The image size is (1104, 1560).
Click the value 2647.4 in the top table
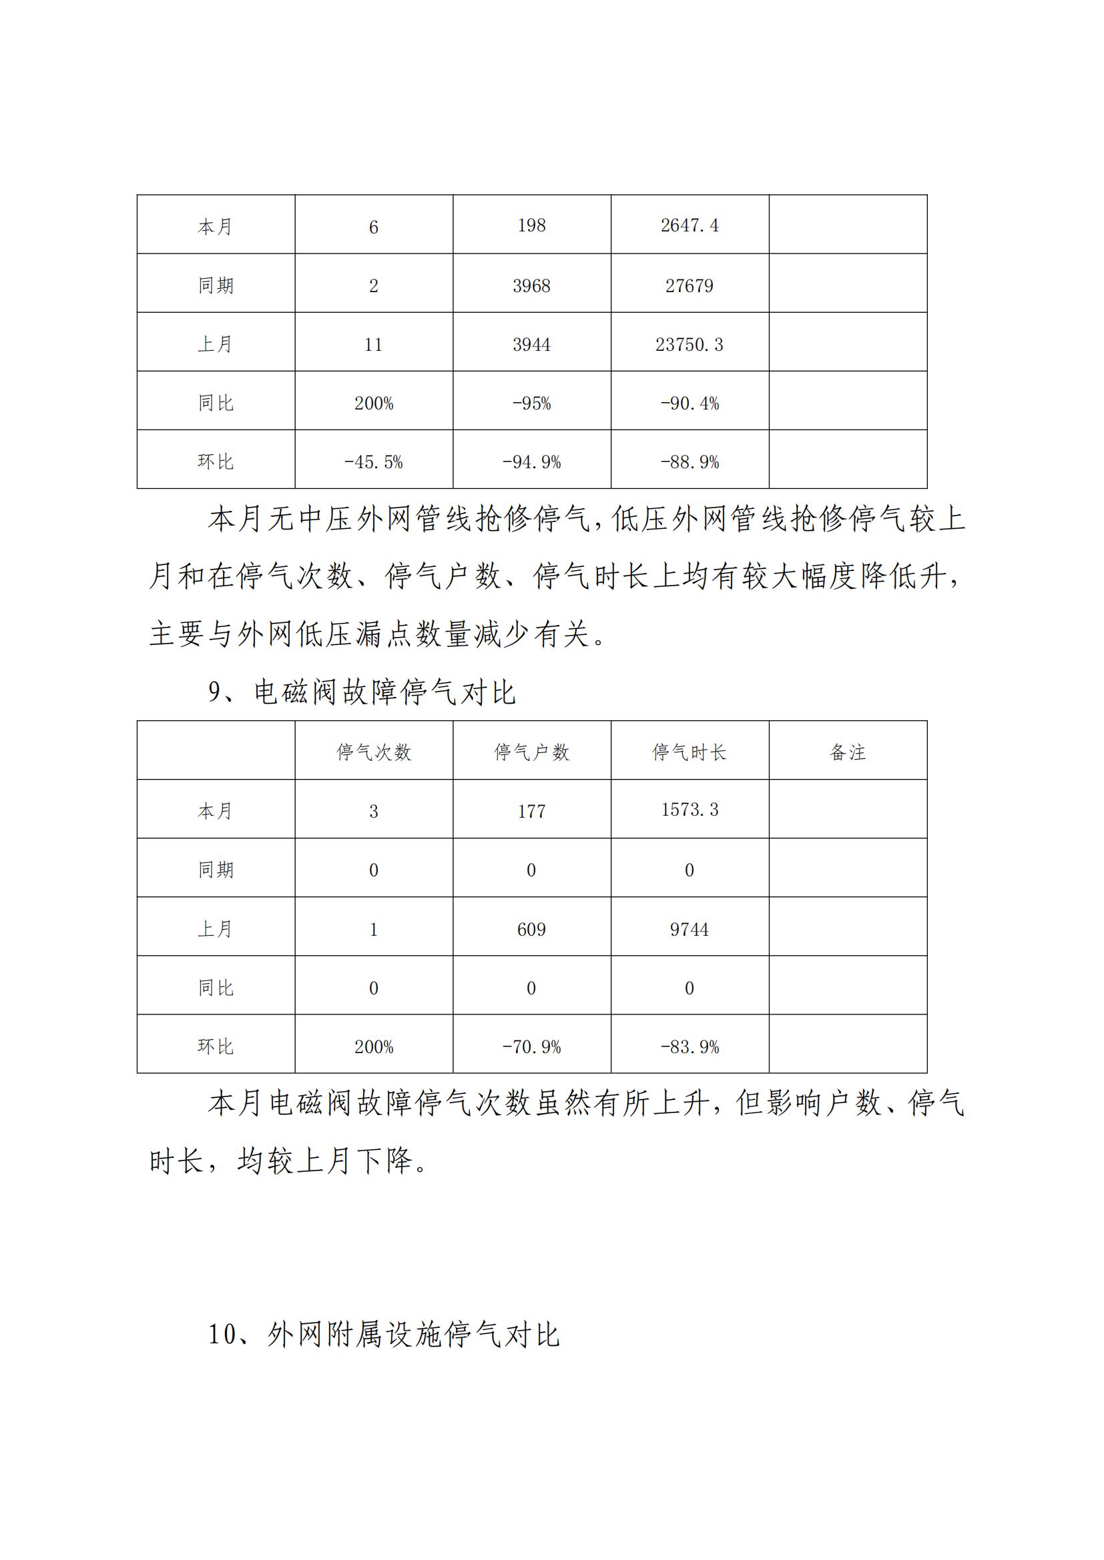(689, 225)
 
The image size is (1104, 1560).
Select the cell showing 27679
(689, 285)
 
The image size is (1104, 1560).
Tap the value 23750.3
(689, 344)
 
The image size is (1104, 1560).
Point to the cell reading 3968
(531, 285)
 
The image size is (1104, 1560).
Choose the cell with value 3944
(531, 344)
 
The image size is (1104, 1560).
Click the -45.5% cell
(373, 462)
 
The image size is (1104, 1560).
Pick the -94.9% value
(531, 462)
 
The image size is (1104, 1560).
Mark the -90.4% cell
(689, 404)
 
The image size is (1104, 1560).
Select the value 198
(531, 225)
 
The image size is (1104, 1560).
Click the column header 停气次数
(374, 752)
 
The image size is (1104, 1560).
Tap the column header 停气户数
(531, 752)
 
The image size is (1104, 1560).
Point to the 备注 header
(848, 752)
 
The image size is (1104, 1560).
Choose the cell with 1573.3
(689, 810)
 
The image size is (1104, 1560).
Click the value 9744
(689, 929)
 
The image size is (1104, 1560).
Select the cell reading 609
(531, 929)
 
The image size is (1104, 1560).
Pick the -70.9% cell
(531, 1047)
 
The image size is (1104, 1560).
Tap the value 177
(531, 811)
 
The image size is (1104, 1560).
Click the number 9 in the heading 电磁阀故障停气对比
(215, 692)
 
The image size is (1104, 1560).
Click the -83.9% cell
(689, 1047)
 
